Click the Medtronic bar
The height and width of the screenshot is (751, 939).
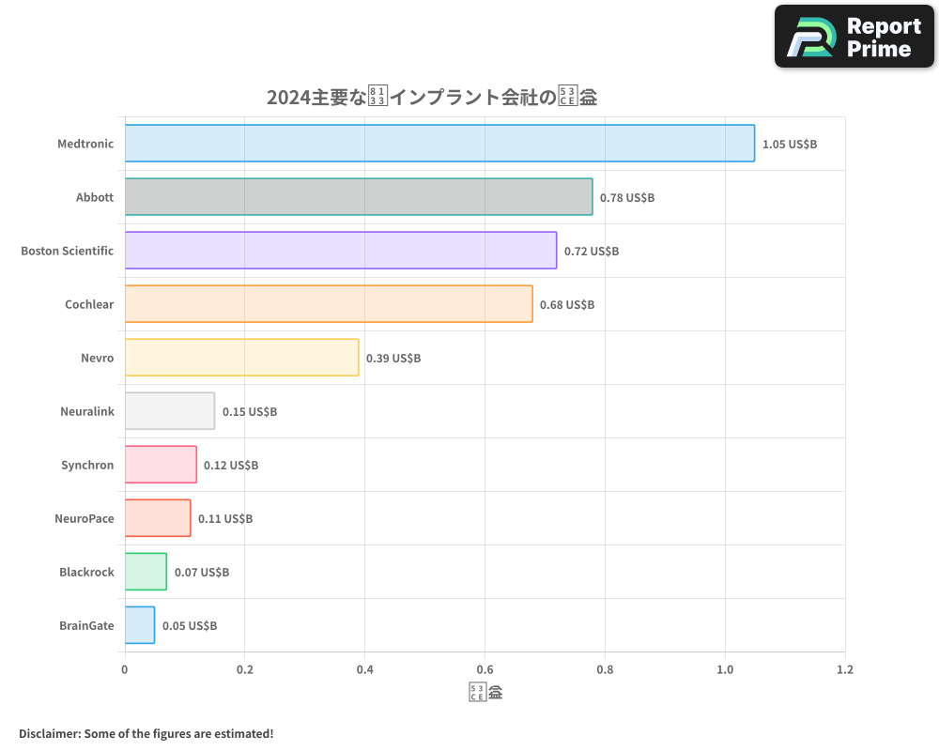439,144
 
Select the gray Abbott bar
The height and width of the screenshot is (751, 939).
359,197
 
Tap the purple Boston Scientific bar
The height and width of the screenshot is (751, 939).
341,251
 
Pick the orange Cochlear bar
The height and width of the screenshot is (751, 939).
329,304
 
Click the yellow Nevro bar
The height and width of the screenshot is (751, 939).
241,358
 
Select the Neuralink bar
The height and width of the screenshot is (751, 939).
170,411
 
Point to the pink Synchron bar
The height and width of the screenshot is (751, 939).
161,465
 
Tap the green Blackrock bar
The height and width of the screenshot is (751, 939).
146,572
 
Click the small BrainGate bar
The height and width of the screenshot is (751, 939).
140,625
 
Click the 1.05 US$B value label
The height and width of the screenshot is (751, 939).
790,145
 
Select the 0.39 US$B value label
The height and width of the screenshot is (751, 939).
393,359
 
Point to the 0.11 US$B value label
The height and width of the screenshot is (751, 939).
225,519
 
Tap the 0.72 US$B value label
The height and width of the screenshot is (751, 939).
592,252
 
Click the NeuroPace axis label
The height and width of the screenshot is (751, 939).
85,518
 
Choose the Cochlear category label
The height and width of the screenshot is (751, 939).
89,304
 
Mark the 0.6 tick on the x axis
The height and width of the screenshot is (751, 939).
485,670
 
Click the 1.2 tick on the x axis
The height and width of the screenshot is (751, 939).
844,670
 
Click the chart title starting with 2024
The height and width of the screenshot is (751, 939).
432,97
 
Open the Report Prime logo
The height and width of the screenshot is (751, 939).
854,37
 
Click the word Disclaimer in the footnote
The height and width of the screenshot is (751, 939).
49,733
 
